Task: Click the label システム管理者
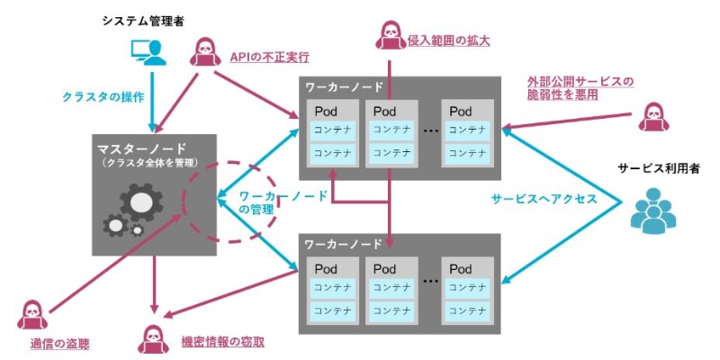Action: (x=143, y=21)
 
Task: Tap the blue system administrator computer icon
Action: (x=148, y=53)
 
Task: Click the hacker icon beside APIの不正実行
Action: (x=206, y=54)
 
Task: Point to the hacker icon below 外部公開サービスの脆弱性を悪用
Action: (x=654, y=118)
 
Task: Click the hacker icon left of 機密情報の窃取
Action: (x=150, y=339)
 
